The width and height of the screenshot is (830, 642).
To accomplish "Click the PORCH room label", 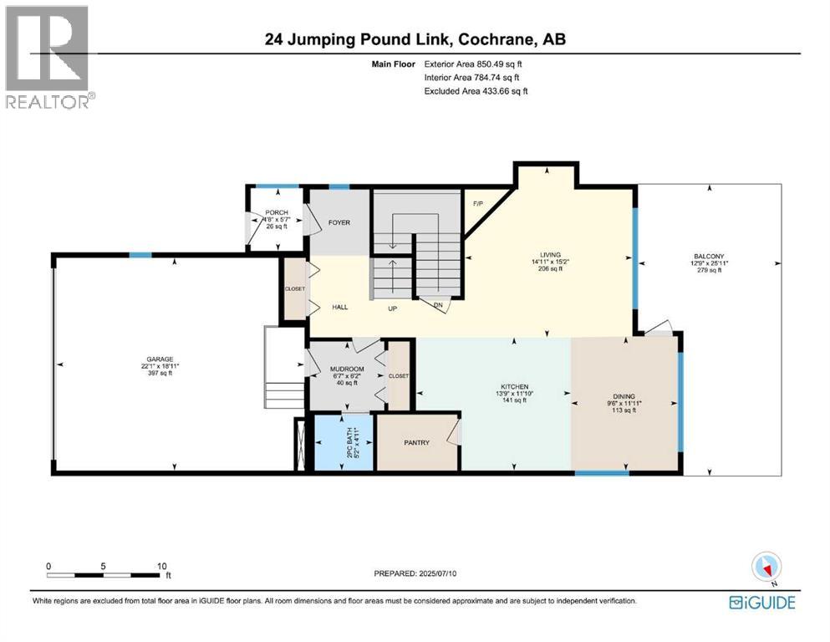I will pyautogui.click(x=276, y=212).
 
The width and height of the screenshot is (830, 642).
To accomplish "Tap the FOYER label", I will pyautogui.click(x=339, y=222).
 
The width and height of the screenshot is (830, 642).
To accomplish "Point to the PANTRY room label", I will pyautogui.click(x=416, y=442).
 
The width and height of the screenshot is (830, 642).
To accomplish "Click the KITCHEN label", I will pyautogui.click(x=514, y=386).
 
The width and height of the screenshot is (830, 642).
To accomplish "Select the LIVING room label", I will pyautogui.click(x=549, y=254).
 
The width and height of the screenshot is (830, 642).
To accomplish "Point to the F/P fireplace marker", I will pyautogui.click(x=479, y=204).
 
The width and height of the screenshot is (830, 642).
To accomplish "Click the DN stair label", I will pyautogui.click(x=437, y=305).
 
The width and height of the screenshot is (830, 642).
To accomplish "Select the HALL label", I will pyautogui.click(x=339, y=307).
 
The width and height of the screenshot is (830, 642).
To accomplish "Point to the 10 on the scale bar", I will pyautogui.click(x=161, y=565).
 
